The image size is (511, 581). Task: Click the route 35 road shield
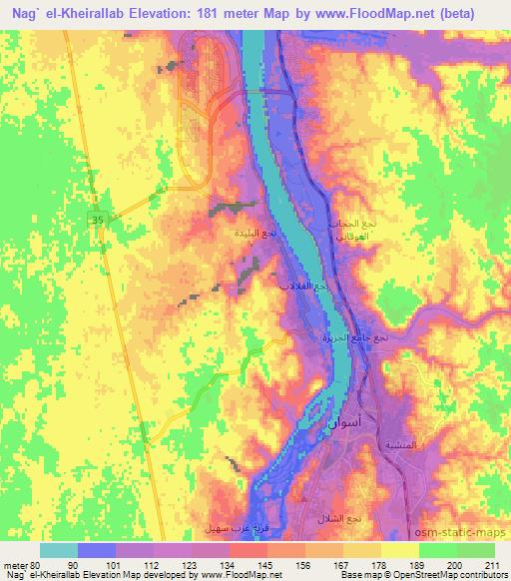point(96,220)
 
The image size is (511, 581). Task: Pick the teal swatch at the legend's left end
point(58,550)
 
